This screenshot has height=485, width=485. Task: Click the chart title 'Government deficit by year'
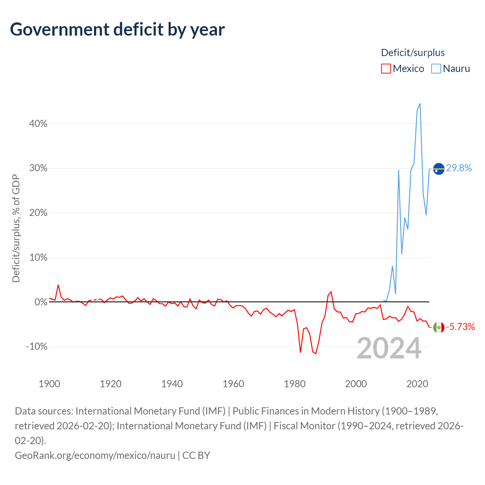coord(117,30)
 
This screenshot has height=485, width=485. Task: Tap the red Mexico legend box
coord(386,69)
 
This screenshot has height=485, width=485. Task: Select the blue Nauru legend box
coord(436,69)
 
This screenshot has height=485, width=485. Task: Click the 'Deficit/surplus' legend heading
coord(413,53)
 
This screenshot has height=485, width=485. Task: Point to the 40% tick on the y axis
coord(38,124)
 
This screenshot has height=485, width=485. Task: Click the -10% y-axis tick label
coord(37,347)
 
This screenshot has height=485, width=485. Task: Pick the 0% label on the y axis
coord(41,302)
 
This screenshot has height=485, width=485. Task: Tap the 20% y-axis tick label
coord(38,213)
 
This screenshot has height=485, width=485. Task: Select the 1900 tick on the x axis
coord(49,384)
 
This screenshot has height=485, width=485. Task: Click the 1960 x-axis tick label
coord(233,384)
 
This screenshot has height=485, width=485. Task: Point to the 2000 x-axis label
coord(356,384)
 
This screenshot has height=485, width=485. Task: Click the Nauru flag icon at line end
coord(439,169)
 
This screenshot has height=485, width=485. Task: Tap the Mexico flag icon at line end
coord(439,327)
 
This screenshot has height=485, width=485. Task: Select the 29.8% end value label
coord(459,168)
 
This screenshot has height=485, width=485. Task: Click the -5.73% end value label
coord(460,327)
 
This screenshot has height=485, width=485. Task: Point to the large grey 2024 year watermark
coord(389,348)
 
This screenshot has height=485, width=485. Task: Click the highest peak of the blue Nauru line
coord(420,104)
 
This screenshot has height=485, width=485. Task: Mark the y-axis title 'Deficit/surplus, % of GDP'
coord(16,228)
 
